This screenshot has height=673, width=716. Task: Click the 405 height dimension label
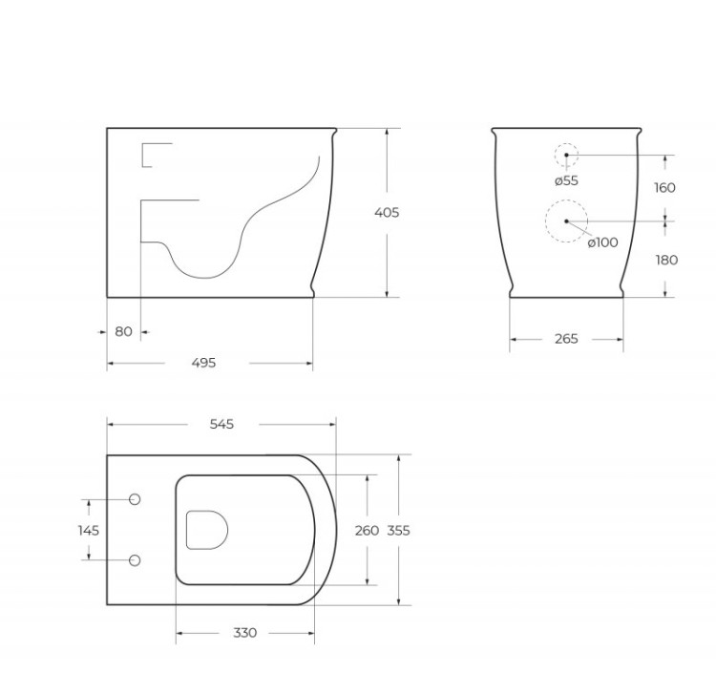pos(387,212)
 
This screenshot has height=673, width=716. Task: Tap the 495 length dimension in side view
pos(203,363)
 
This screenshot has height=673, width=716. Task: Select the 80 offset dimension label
pos(123,332)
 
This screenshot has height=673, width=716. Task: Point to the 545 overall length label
pos(221,424)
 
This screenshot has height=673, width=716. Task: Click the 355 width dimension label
pos(398,530)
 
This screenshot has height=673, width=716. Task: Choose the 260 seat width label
pos(367,530)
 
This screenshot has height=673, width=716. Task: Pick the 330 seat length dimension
pos(244,633)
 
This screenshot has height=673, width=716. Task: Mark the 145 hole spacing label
pos(89,529)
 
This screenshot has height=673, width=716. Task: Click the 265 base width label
pos(566,339)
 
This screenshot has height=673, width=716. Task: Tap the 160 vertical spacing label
pos(664,187)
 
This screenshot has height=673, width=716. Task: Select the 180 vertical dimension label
pos(664,260)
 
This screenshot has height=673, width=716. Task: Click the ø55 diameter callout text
pos(566,180)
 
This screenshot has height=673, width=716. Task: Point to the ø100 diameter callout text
pos(602,242)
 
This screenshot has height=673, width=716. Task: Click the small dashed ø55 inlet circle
pos(566,155)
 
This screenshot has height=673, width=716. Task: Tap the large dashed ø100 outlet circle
pos(566,221)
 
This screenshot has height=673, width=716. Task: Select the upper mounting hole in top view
pos(134,499)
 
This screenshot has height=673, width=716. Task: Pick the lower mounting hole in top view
pos(134,559)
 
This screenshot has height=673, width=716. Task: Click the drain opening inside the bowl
pos(205,530)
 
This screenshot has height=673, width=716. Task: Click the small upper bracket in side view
pos(153,155)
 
